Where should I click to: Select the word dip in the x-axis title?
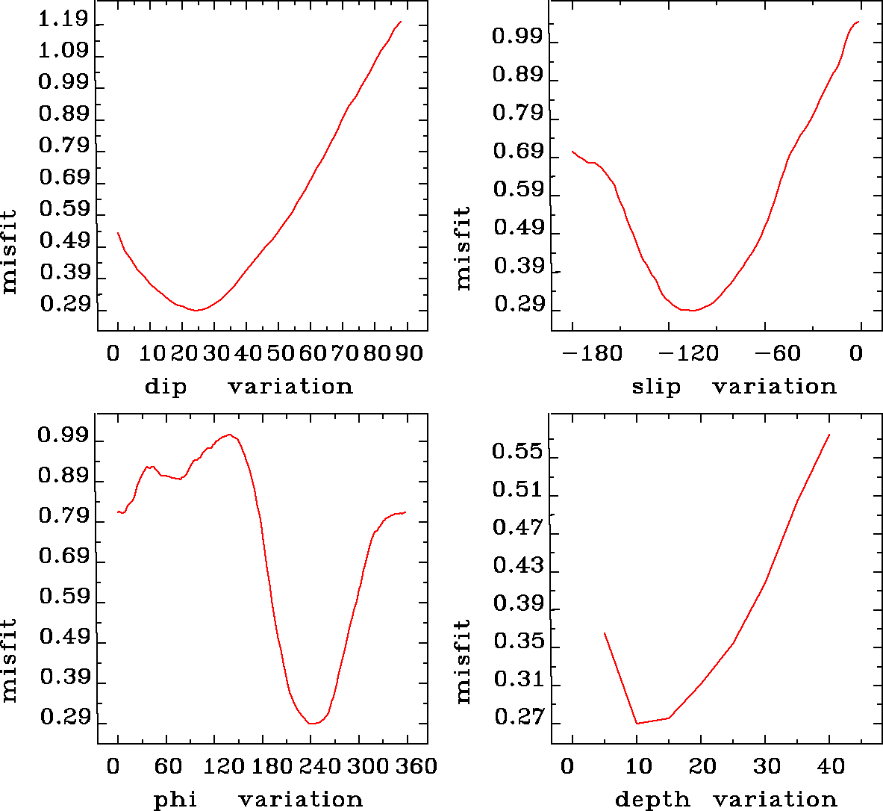pyautogui.click(x=165, y=387)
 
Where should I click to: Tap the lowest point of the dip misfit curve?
pyautogui.click(x=196, y=310)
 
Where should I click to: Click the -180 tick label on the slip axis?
pyautogui.click(x=593, y=352)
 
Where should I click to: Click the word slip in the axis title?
pyautogui.click(x=656, y=387)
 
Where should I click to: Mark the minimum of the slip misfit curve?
pyautogui.click(x=692, y=310)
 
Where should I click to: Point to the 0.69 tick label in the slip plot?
pyautogui.click(x=518, y=152)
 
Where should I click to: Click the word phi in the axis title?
pyautogui.click(x=175, y=800)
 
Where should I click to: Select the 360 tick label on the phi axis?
pyautogui.click(x=415, y=766)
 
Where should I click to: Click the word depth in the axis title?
pyautogui.click(x=652, y=800)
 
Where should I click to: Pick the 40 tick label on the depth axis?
pyautogui.click(x=831, y=766)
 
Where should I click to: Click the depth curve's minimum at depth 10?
pyautogui.click(x=637, y=723)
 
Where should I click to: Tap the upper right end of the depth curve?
pyautogui.click(x=829, y=435)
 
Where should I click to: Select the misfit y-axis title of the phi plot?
pyautogui.click(x=9, y=659)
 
